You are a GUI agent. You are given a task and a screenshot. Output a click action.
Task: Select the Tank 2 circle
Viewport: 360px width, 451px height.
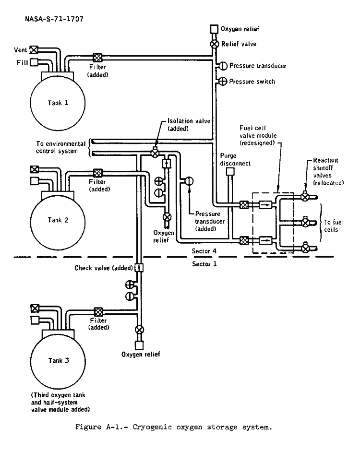54,220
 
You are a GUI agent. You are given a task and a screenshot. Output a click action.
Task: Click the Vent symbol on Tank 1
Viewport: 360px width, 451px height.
34,49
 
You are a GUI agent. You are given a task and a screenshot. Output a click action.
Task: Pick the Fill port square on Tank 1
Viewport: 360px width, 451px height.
34,61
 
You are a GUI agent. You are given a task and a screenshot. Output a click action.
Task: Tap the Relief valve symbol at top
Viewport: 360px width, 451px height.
214,44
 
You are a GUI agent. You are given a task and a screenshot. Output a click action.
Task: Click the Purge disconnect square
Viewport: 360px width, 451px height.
229,171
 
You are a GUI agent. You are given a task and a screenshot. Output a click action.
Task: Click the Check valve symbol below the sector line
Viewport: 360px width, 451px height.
138,268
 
